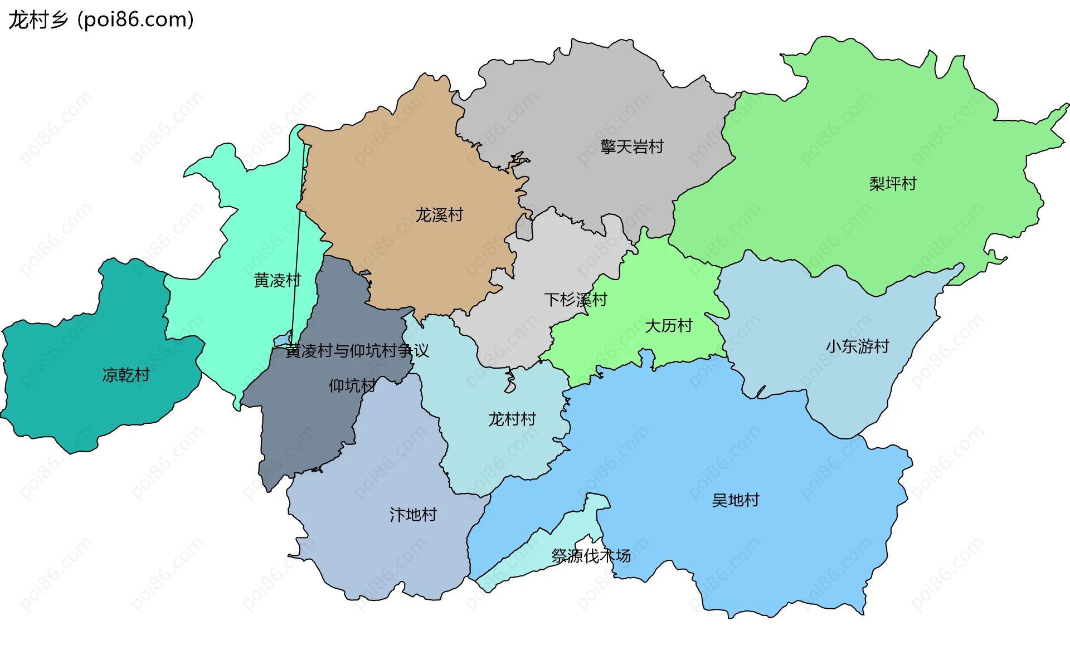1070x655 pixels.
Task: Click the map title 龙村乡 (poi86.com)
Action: tap(101, 20)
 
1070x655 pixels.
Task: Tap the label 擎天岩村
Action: tap(632, 147)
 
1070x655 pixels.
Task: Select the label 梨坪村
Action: tap(892, 184)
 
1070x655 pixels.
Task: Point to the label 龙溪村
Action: tap(439, 215)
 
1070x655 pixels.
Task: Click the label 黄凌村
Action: tap(277, 280)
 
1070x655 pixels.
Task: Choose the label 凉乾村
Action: tap(126, 375)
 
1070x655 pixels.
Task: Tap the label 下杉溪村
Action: tap(576, 300)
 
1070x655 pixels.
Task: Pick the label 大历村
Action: tap(668, 326)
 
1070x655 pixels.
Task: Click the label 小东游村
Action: tap(857, 346)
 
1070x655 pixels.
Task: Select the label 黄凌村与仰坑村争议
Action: tap(357, 351)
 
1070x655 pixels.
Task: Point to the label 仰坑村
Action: tap(352, 385)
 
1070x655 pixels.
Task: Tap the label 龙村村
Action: tap(512, 419)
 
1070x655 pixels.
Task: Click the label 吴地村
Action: tap(735, 500)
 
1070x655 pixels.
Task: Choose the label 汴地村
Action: tap(413, 515)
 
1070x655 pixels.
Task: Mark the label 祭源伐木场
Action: tap(591, 556)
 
